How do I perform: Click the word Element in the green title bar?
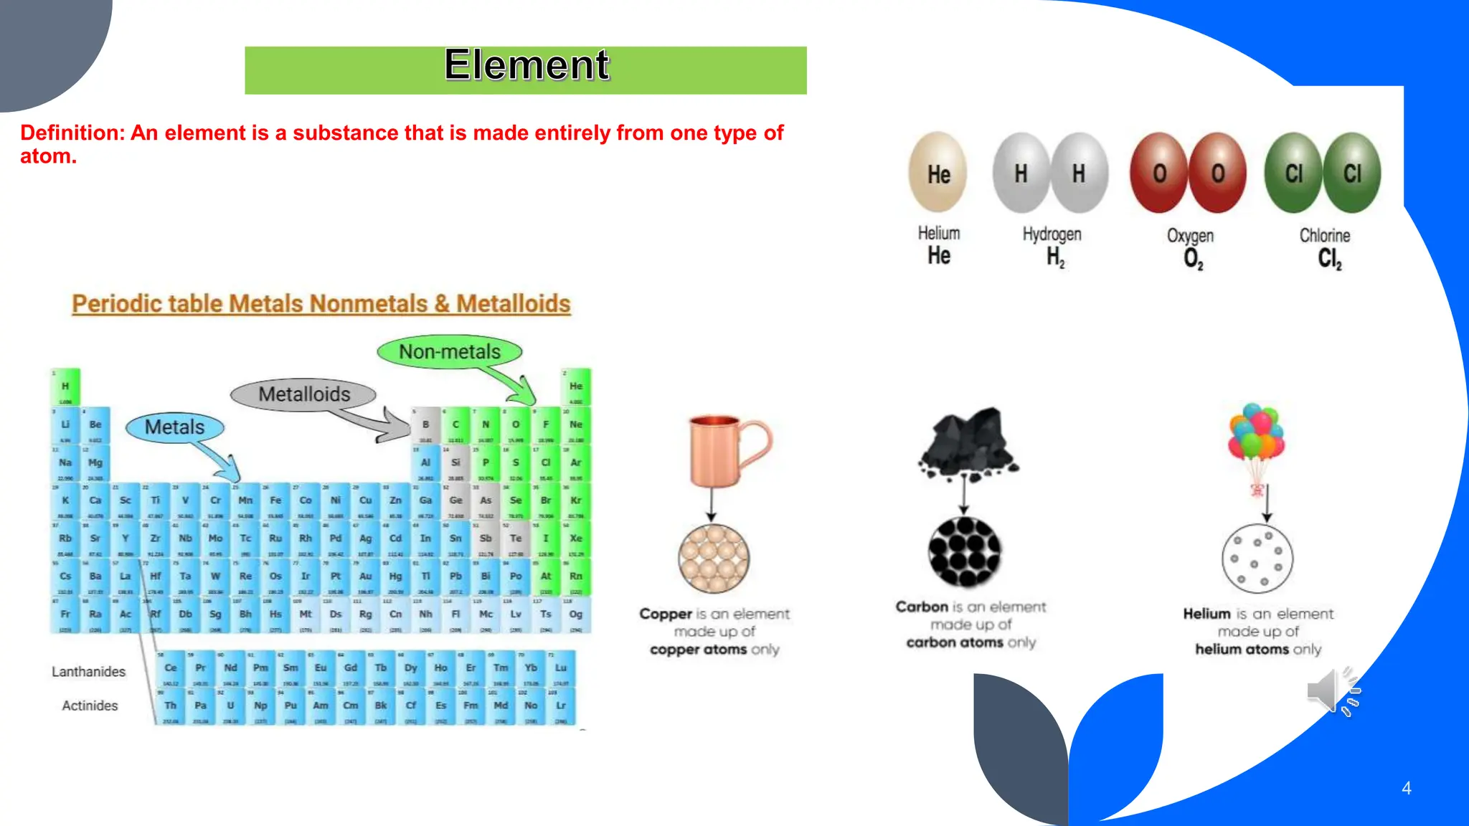(526, 65)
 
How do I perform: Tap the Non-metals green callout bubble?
(450, 352)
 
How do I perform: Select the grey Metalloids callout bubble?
(303, 394)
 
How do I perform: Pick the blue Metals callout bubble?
(174, 427)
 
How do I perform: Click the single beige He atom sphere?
(938, 173)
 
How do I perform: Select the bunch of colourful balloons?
(1256, 432)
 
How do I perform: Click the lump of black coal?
(967, 442)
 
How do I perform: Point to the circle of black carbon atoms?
(964, 552)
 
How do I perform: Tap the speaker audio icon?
(1332, 690)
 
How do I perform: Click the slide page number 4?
(1406, 788)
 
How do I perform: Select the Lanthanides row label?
(88, 672)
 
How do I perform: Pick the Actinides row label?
(90, 706)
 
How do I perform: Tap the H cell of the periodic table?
(65, 387)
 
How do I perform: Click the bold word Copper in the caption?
(666, 614)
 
